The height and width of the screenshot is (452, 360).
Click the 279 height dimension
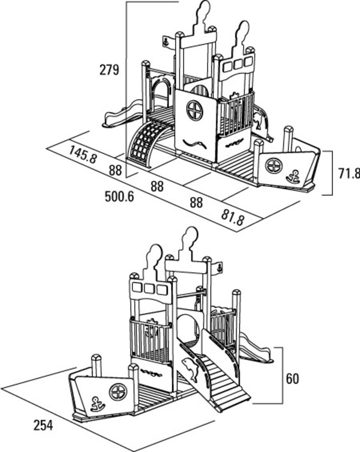109,70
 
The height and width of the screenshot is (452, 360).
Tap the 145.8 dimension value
83,154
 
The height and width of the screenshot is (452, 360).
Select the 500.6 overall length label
119,196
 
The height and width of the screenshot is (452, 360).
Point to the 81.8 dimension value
234,217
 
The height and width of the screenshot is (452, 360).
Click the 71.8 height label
349,174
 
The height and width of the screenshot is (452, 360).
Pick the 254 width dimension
43,425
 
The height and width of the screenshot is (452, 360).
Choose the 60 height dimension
293,379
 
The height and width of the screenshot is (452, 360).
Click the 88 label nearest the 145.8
115,171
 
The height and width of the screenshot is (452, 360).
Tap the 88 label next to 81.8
196,202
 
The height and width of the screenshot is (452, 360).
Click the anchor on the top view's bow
293,177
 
